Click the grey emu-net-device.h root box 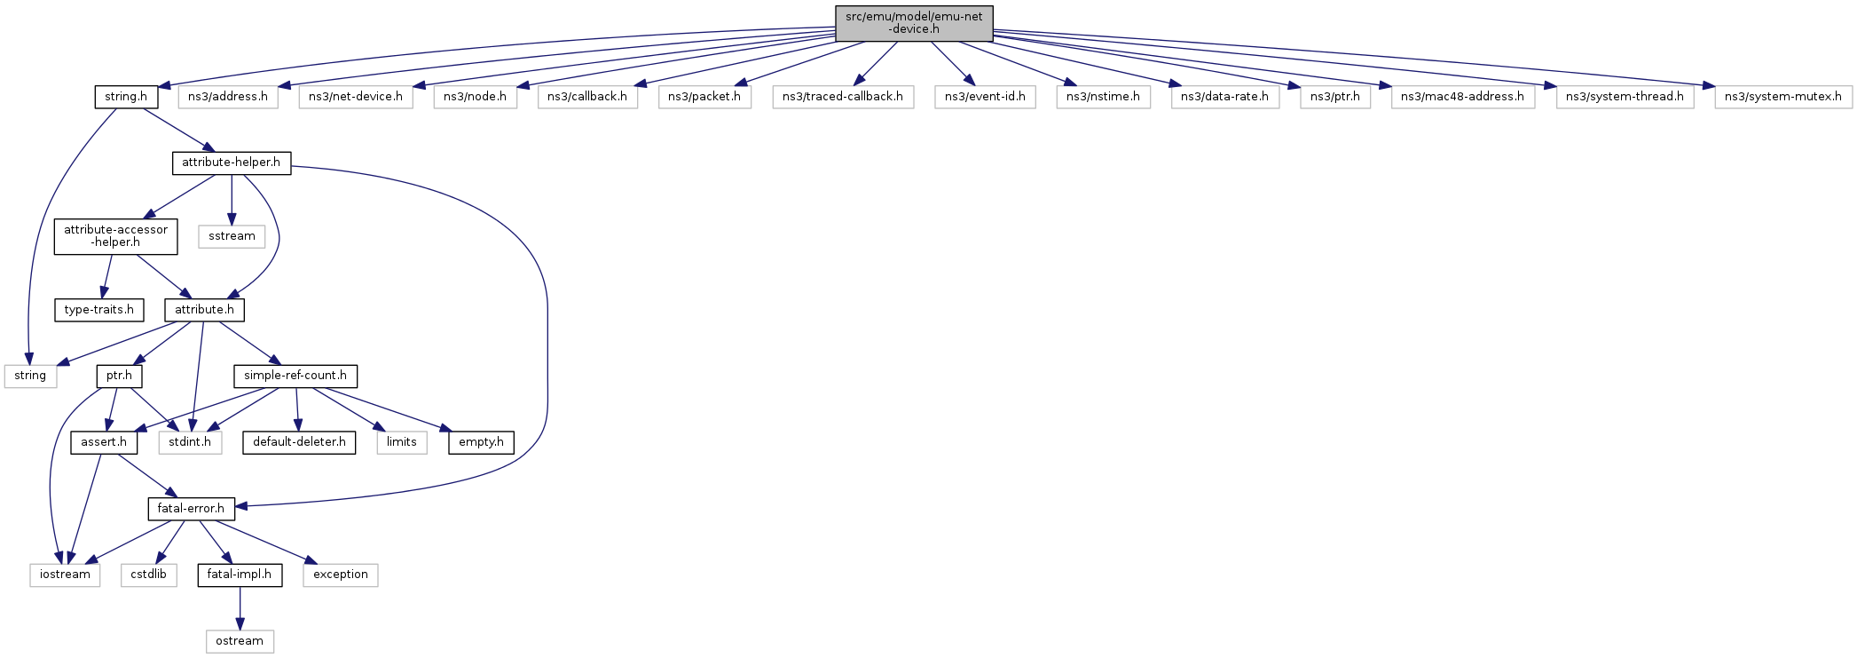click(914, 23)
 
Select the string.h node click(126, 97)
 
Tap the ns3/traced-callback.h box click(843, 97)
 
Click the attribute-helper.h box click(231, 163)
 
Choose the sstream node click(232, 236)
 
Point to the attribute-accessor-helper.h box click(115, 236)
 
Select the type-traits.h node click(99, 310)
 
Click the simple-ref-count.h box click(295, 376)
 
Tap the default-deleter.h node click(299, 442)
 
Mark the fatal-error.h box click(191, 509)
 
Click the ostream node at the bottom click(240, 641)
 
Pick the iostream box click(65, 575)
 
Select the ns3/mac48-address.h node click(1462, 97)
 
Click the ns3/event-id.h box click(985, 97)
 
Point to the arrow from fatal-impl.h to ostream click(240, 608)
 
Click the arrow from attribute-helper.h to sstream click(232, 200)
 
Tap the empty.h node click(481, 442)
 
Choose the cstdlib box click(148, 575)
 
